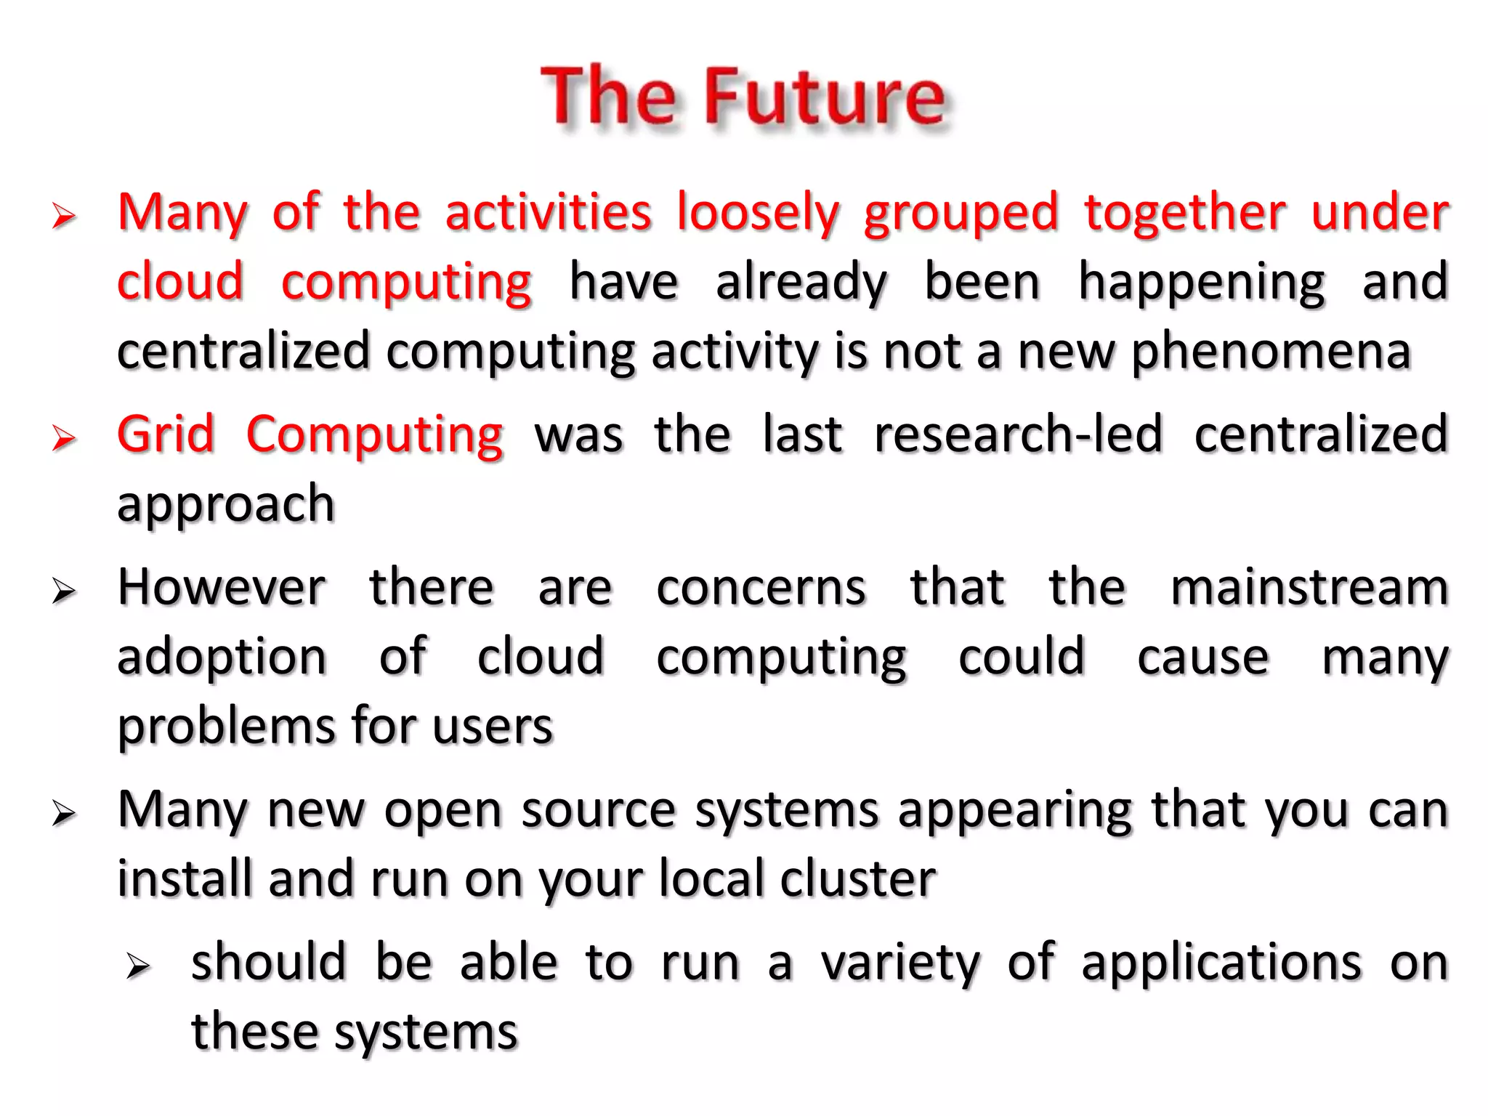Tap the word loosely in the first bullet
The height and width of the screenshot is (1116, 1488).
pyautogui.click(x=758, y=214)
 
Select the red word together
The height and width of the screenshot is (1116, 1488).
pyautogui.click(x=1185, y=214)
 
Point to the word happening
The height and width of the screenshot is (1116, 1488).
pyautogui.click(x=1202, y=283)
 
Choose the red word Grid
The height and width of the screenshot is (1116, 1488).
pyautogui.click(x=166, y=434)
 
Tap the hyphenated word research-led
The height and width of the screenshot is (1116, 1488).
pyautogui.click(x=1018, y=434)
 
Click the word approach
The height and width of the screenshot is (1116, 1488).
pyautogui.click(x=226, y=504)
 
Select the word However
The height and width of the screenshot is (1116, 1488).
pyautogui.click(x=222, y=587)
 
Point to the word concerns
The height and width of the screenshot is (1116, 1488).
pyautogui.click(x=761, y=587)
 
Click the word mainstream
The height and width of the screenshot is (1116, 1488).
pyautogui.click(x=1309, y=587)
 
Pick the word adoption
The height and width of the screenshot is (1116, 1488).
pyautogui.click(x=222, y=657)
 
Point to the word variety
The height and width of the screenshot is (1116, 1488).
pyautogui.click(x=900, y=963)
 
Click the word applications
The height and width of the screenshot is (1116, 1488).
pyautogui.click(x=1221, y=963)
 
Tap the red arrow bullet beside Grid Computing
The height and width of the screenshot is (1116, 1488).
pyautogui.click(x=64, y=438)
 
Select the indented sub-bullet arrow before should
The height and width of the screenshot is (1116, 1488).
pyautogui.click(x=137, y=967)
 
